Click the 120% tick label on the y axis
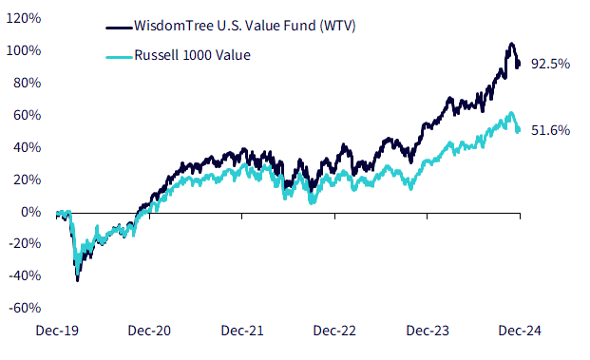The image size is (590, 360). coord(24,18)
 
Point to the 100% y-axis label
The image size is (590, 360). coord(24,50)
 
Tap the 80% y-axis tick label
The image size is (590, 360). coord(28,83)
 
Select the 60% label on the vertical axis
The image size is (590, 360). coord(28,115)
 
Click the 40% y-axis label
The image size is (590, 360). coord(28,147)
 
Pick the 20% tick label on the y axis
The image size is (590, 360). coord(28,180)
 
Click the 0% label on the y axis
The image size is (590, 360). coord(30,212)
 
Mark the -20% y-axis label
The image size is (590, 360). coord(25,244)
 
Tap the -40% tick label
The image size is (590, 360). coord(25,275)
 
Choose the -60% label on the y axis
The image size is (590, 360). coord(25,308)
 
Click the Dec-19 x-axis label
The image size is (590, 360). coord(57,331)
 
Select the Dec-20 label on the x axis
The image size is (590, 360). coord(149,331)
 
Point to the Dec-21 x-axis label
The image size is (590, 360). coord(242,331)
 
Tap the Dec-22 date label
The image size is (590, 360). coord(334,331)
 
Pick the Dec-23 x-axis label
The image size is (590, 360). coord(428,331)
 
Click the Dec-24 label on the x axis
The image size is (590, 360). coord(520,331)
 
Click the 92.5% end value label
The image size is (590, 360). coord(550,64)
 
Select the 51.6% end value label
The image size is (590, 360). coord(550,130)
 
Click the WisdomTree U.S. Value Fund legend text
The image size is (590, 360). coord(245,26)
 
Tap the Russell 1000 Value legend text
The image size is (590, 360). coord(192,55)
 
